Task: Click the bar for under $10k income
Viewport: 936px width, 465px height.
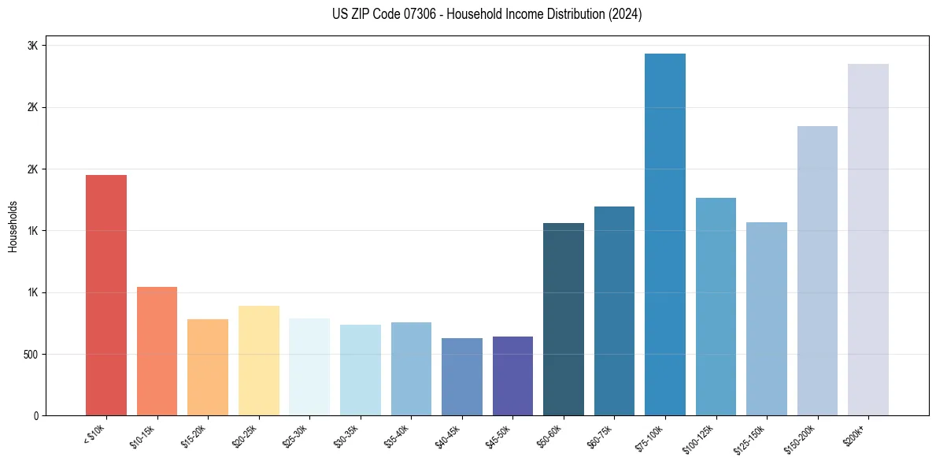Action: click(106, 296)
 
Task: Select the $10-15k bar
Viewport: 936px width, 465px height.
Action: click(157, 351)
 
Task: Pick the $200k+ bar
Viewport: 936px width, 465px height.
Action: click(868, 240)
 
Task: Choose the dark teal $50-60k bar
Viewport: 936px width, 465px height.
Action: click(564, 319)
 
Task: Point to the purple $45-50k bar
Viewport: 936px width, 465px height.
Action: click(512, 376)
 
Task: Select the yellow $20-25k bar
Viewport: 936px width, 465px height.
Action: click(258, 360)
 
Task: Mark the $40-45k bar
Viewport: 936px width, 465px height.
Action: click(462, 377)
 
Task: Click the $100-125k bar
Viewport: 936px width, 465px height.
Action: click(716, 307)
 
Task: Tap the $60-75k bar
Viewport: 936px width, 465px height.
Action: click(614, 311)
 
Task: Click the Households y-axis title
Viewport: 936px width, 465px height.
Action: click(13, 226)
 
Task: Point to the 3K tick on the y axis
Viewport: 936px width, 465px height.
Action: click(32, 46)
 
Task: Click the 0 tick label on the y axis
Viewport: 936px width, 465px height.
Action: click(35, 415)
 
